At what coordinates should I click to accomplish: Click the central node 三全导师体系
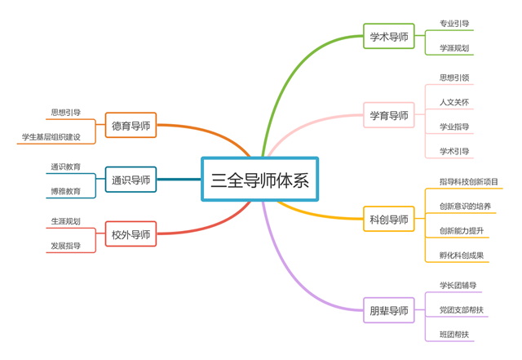click(259, 180)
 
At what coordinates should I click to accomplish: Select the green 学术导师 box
click(388, 36)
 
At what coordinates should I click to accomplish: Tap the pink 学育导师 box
click(388, 116)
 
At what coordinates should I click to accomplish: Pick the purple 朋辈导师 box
click(388, 310)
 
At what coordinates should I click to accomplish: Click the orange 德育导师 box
click(130, 126)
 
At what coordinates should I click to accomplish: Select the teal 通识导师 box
click(130, 180)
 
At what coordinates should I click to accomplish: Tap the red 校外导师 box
click(130, 235)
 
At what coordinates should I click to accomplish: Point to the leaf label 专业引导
click(454, 24)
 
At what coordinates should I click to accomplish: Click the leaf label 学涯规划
click(454, 48)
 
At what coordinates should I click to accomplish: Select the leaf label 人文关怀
click(454, 102)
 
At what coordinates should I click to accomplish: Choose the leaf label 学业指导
click(454, 127)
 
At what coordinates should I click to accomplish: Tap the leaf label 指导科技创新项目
click(469, 181)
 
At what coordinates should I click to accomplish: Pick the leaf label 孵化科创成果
click(462, 256)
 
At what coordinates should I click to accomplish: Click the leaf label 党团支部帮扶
click(462, 310)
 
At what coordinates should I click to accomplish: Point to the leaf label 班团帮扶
click(454, 335)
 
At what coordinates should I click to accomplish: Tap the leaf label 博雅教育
click(65, 192)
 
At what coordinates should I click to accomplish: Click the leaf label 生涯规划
click(65, 221)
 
